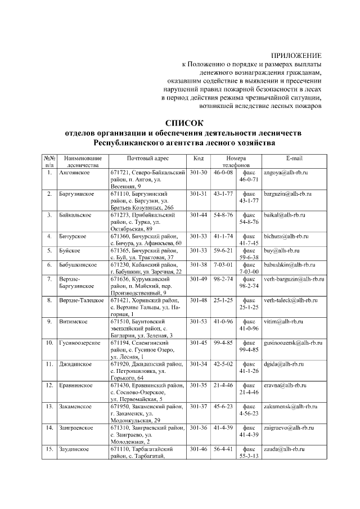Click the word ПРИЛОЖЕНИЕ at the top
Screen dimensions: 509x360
click(296, 56)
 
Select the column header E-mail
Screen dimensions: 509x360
click(294, 159)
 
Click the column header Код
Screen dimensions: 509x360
click(198, 159)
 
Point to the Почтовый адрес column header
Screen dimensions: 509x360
click(148, 159)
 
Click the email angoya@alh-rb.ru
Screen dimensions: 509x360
click(286, 172)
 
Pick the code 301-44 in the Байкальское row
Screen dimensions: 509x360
click(199, 215)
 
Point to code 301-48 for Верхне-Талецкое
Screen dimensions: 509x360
click(199, 300)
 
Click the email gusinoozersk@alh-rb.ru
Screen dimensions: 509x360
click(293, 343)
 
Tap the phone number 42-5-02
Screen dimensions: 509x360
click(223, 364)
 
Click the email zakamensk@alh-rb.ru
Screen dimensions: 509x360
click(290, 407)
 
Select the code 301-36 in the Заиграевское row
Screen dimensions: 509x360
click(199, 428)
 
